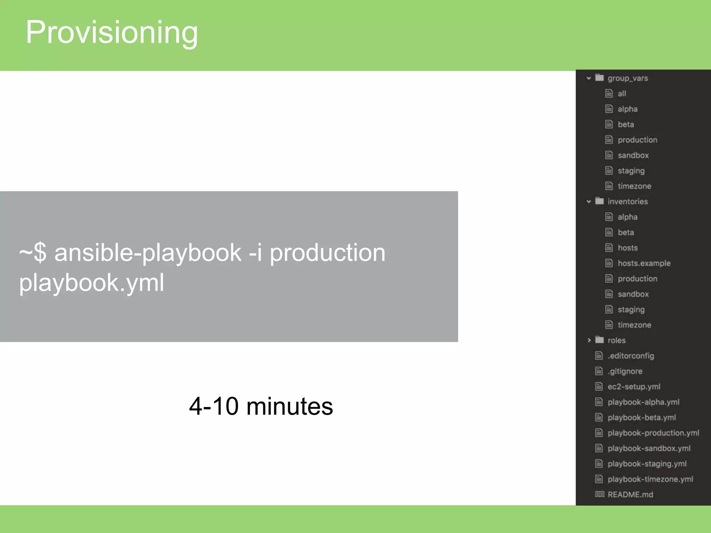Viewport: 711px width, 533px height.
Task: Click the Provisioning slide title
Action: (x=111, y=32)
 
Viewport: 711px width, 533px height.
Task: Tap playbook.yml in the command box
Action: (x=92, y=282)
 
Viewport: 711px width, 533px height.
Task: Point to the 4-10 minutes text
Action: (x=261, y=406)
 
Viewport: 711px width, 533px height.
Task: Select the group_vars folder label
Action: (x=627, y=78)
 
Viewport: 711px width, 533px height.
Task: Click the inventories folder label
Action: (x=627, y=202)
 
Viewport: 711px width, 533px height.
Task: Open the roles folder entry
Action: (x=616, y=340)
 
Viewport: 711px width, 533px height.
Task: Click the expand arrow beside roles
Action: (x=589, y=340)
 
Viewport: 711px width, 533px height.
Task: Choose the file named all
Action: (x=621, y=94)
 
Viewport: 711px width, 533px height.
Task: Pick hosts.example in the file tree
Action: (x=644, y=263)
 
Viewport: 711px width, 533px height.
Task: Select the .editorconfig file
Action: (x=630, y=356)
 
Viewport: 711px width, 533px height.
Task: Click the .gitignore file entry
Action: (x=625, y=371)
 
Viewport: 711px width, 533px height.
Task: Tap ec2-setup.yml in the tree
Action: (x=634, y=387)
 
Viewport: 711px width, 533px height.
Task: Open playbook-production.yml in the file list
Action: (x=653, y=433)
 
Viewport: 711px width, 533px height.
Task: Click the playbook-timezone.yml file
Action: (x=650, y=479)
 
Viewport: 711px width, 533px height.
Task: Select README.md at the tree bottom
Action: (x=630, y=494)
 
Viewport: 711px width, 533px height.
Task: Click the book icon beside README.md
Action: (x=600, y=494)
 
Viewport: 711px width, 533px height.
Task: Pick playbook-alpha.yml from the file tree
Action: (x=643, y=402)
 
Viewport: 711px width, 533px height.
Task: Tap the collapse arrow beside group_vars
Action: (x=589, y=78)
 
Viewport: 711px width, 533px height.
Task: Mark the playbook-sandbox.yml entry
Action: (x=649, y=448)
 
